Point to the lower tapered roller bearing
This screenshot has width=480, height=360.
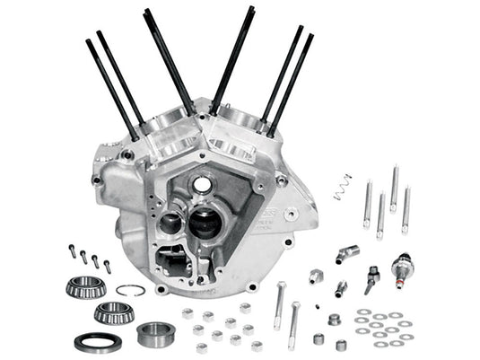click(x=113, y=314)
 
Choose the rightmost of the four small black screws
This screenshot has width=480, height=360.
click(x=107, y=266)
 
